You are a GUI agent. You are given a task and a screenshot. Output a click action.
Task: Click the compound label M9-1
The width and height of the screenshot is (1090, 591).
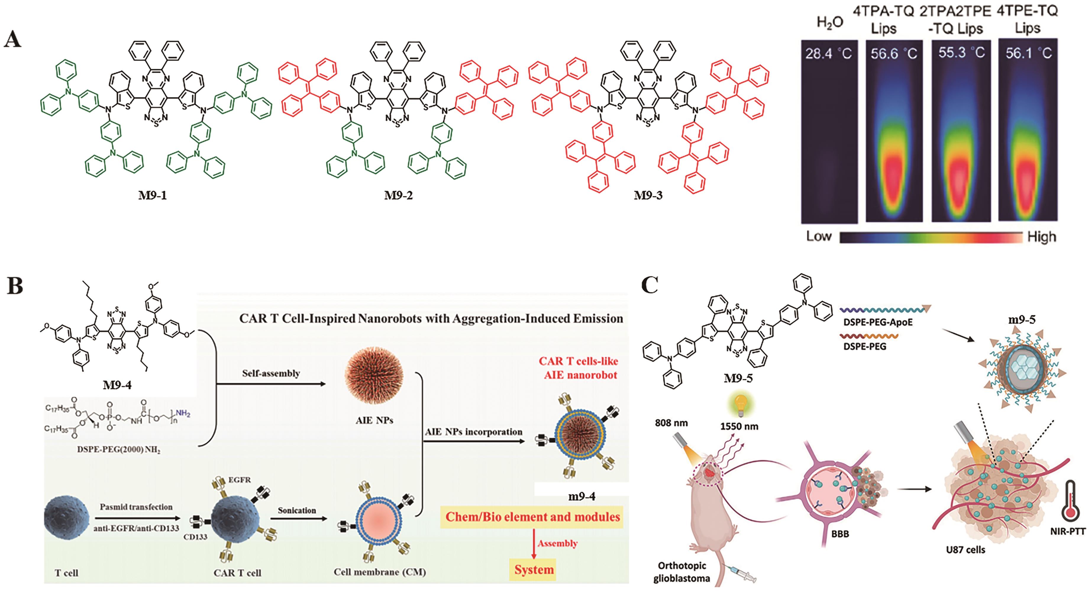(x=152, y=196)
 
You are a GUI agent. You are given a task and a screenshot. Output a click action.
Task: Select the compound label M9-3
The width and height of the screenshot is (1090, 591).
(x=648, y=196)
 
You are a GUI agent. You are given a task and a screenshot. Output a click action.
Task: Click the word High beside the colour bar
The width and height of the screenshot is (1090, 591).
(x=1041, y=237)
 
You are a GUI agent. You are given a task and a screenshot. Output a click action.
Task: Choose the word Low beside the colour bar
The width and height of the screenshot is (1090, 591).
(x=819, y=236)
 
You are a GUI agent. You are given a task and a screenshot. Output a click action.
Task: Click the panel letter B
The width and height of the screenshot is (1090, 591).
(x=15, y=286)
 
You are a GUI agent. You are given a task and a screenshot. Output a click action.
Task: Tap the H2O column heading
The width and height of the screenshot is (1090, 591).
(x=829, y=23)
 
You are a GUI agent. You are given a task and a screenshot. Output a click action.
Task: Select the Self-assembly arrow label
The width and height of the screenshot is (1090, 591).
(x=271, y=373)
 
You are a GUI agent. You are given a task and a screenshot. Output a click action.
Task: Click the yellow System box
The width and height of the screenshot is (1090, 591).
(x=534, y=569)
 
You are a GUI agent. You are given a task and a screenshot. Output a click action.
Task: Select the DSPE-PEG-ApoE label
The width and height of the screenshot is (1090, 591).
(x=878, y=322)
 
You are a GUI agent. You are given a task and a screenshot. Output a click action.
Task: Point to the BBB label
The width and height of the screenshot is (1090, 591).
(x=840, y=534)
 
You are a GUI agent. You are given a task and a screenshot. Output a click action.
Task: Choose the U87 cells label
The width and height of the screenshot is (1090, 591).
(x=965, y=550)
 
